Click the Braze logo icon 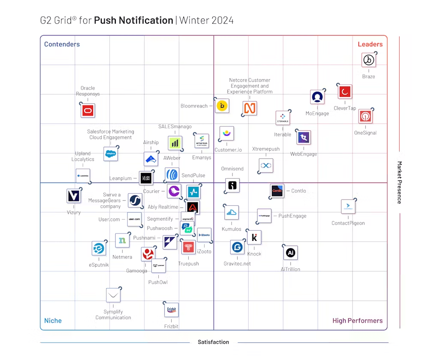(368, 60)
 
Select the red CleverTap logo (344, 91)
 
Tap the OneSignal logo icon (365, 116)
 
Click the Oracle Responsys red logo (88, 111)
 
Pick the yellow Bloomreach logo (222, 106)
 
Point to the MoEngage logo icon (317, 97)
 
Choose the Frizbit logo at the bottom (171, 310)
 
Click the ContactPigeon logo (348, 207)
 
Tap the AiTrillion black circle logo (291, 253)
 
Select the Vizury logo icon (74, 196)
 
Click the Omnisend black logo (232, 186)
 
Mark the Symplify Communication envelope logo (113, 295)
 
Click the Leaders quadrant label (370, 44)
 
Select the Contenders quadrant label (62, 44)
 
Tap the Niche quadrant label (53, 321)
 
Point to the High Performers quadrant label (357, 321)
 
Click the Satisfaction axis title (213, 342)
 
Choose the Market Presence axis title (399, 183)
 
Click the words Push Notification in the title (133, 20)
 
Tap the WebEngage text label (303, 154)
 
